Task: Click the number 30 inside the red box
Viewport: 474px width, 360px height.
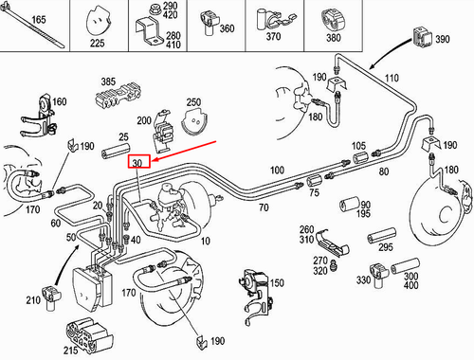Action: pyautogui.click(x=137, y=163)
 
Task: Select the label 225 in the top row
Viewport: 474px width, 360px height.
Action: pyautogui.click(x=97, y=42)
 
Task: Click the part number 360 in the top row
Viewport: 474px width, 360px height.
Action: pyautogui.click(x=226, y=29)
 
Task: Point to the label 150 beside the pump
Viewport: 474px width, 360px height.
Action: pyautogui.click(x=277, y=283)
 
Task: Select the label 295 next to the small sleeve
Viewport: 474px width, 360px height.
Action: pyautogui.click(x=383, y=247)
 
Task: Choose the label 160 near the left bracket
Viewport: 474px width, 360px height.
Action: pyautogui.click(x=59, y=102)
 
